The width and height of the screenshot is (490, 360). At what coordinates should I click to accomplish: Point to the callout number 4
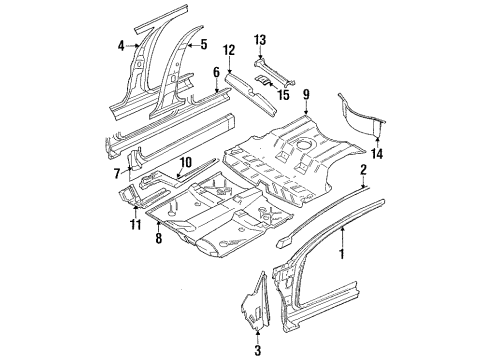pyautogui.click(x=121, y=45)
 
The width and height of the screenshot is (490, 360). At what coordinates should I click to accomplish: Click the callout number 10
pyautogui.click(x=184, y=162)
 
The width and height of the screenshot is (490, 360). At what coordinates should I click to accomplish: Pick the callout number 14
pyautogui.click(x=376, y=154)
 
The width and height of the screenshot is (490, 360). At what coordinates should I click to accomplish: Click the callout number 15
pyautogui.click(x=283, y=95)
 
